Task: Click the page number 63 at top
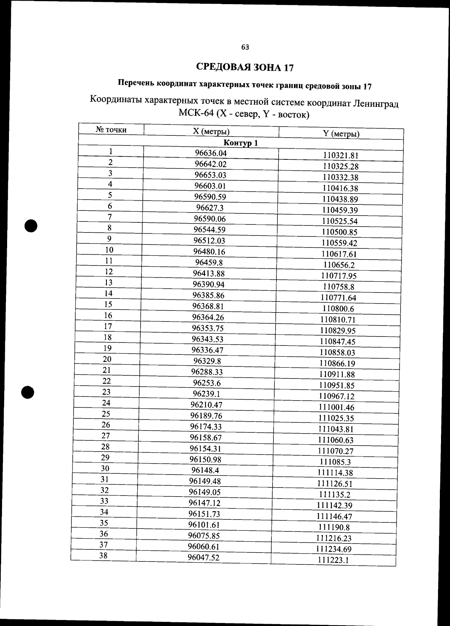245,47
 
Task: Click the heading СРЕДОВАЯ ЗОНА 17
245,67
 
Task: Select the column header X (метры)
211,131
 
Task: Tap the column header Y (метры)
341,134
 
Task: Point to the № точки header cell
111,130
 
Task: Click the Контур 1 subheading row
241,143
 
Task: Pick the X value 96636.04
211,153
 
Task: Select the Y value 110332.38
340,177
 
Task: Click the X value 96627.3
210,208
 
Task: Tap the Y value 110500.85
339,232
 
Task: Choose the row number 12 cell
109,272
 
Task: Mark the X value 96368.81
208,306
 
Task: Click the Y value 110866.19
337,363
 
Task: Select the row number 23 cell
106,392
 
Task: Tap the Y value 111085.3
335,462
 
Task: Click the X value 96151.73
204,514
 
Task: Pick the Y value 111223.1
333,560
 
